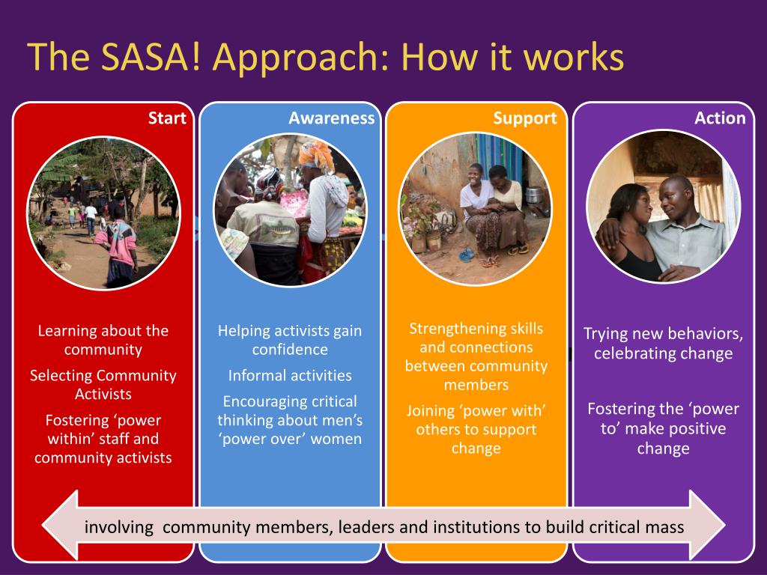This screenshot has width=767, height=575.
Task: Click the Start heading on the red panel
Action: pos(167,118)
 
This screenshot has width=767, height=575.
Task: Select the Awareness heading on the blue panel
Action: pos(331,118)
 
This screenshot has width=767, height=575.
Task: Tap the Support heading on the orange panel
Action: pos(524,118)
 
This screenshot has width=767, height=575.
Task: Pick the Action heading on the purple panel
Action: pos(720,118)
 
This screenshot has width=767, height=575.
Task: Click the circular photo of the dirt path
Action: pos(103,212)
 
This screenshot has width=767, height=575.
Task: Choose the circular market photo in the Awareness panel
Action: pos(290,211)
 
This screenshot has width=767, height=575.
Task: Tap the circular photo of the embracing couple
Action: pos(663,207)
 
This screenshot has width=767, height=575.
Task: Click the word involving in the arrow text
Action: pos(118,527)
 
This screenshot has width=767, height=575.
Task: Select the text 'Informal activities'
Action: pos(290,375)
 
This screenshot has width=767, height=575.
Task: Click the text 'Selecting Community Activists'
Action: pos(103,384)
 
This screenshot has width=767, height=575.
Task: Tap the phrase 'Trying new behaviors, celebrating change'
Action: pos(663,343)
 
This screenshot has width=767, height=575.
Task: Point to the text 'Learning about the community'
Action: pos(103,340)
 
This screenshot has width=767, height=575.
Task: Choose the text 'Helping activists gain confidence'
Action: pos(290,340)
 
